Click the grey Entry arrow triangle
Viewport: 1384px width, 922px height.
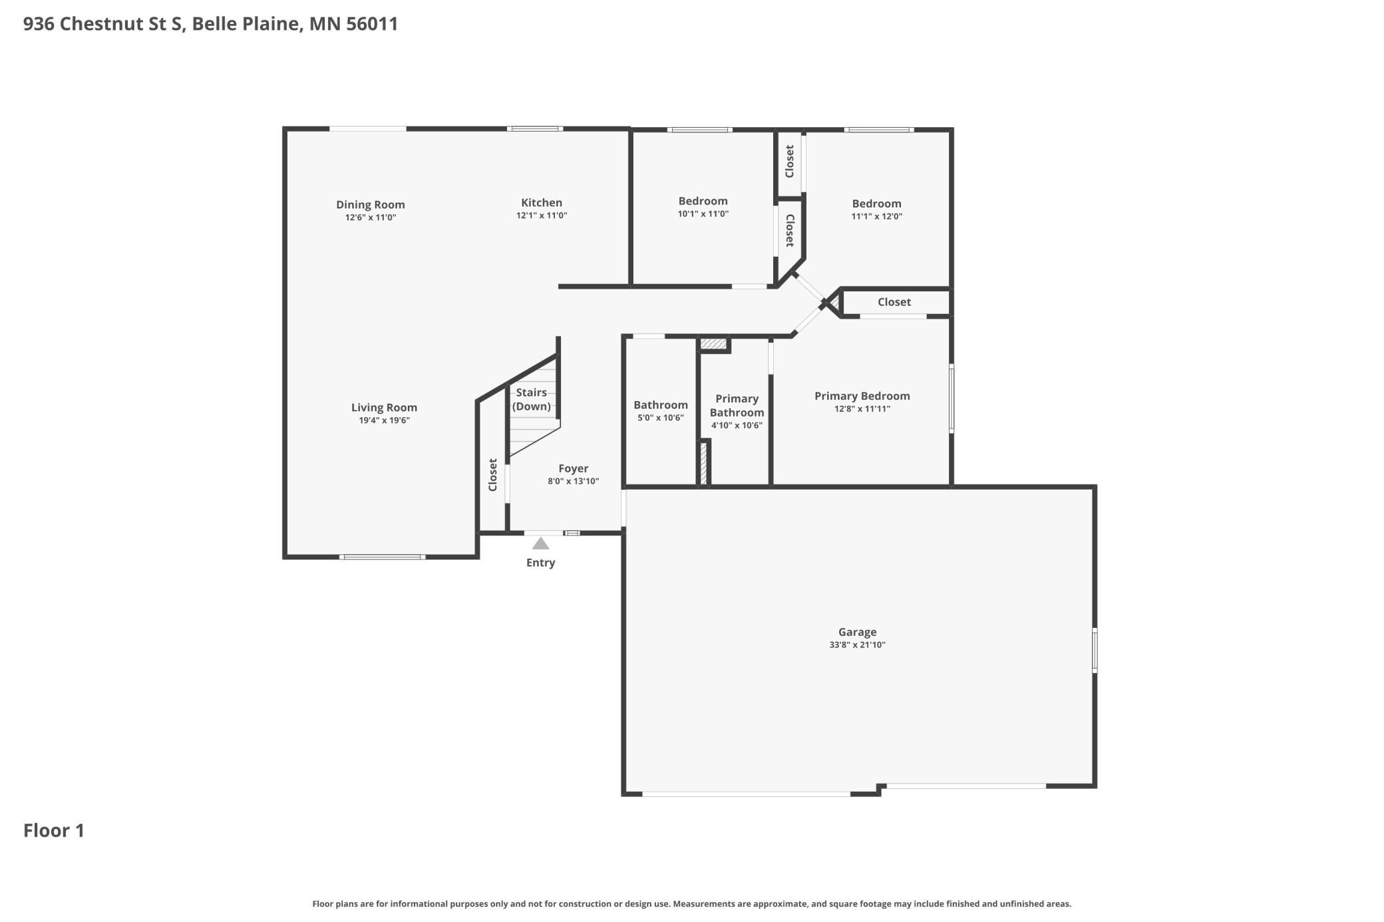540,543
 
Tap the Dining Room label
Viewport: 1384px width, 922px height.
370,204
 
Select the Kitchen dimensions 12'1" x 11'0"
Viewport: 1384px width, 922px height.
541,216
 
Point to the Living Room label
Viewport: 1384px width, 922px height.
384,407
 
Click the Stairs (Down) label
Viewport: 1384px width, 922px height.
531,399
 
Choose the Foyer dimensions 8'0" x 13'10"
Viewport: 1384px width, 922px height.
573,481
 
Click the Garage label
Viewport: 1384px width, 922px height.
857,631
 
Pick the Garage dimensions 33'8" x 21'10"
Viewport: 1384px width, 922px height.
857,645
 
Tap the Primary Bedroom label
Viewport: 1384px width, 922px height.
862,396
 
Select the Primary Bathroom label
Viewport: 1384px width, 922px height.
737,405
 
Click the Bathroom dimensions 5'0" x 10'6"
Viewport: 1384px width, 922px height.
660,418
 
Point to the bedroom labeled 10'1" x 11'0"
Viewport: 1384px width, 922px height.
703,201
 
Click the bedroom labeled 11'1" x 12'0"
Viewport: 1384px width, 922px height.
876,204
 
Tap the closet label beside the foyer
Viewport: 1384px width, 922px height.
493,474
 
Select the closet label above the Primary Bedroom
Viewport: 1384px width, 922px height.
894,302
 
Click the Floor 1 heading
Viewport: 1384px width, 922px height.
54,830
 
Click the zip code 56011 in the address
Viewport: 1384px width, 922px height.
372,24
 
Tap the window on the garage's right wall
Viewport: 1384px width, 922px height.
1095,650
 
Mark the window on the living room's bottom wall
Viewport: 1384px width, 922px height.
382,557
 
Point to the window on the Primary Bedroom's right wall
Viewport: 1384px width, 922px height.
951,398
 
